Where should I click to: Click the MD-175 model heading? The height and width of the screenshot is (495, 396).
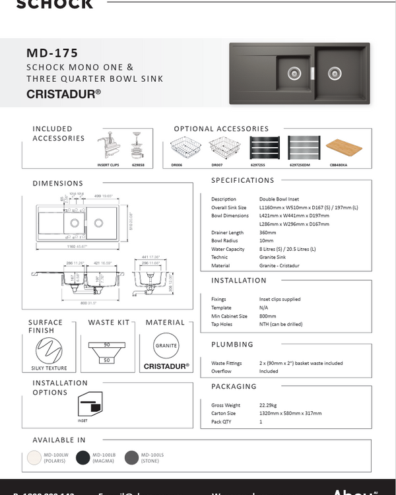click(x=52, y=53)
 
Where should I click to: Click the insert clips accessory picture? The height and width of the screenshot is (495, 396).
click(x=108, y=147)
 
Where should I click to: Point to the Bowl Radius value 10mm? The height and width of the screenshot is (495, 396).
click(x=267, y=241)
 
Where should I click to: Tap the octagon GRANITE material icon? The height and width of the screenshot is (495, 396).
click(x=166, y=346)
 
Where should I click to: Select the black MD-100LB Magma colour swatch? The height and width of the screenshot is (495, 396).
click(x=82, y=458)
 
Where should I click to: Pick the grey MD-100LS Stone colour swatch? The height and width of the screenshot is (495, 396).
click(x=131, y=458)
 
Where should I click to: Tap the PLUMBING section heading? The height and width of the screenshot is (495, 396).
click(x=232, y=345)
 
